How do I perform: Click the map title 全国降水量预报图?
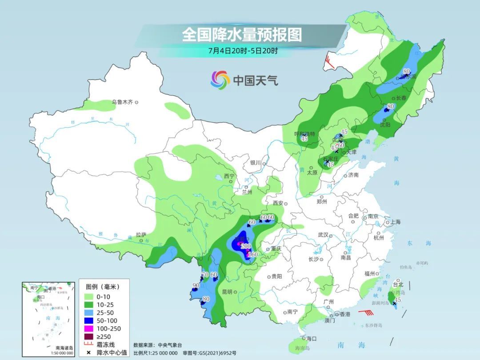tap(242, 34)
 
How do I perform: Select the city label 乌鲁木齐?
tap(122, 102)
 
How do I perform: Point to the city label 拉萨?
tap(141, 234)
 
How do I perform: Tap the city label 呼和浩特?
tap(304, 134)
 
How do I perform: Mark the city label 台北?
tap(398, 284)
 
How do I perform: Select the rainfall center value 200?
tap(246, 247)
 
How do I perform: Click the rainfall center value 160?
tap(252, 255)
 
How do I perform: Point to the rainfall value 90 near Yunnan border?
tap(196, 285)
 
